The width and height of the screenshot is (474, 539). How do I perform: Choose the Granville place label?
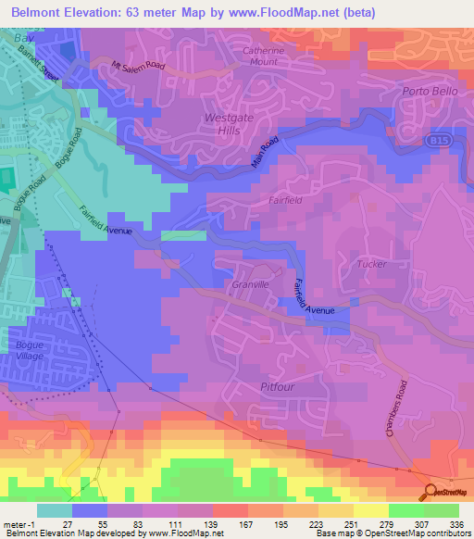pyautogui.click(x=250, y=284)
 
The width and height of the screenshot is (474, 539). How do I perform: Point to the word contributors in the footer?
pyautogui.click(x=446, y=533)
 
